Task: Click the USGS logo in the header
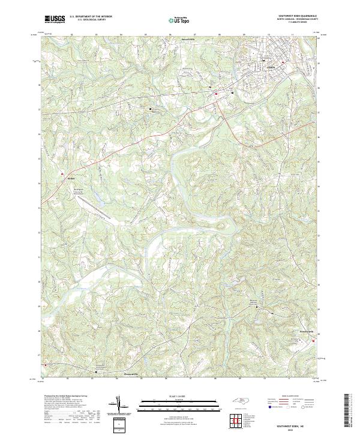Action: point(55,19)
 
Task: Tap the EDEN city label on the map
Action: point(271,67)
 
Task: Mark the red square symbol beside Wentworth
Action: point(313,340)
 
